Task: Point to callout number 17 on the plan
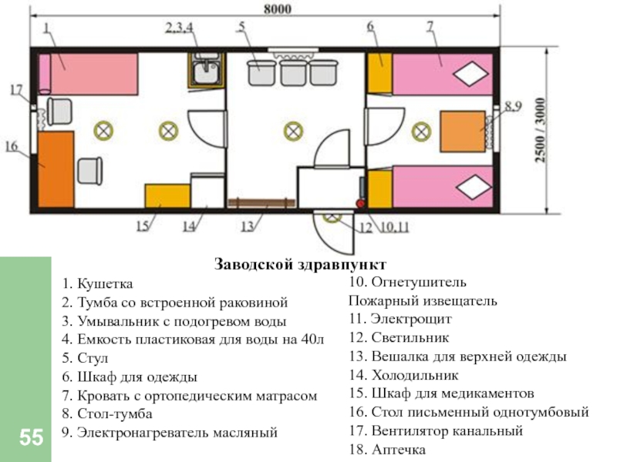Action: [x=16, y=89]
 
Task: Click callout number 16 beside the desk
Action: [x=11, y=146]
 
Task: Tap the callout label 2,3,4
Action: [x=180, y=28]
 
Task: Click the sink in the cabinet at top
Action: [x=207, y=72]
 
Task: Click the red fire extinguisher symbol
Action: [x=359, y=203]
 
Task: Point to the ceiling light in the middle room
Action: [x=292, y=131]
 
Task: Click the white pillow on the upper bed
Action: [x=468, y=75]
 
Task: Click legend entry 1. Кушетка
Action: [x=98, y=284]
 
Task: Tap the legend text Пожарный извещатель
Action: [x=423, y=300]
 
